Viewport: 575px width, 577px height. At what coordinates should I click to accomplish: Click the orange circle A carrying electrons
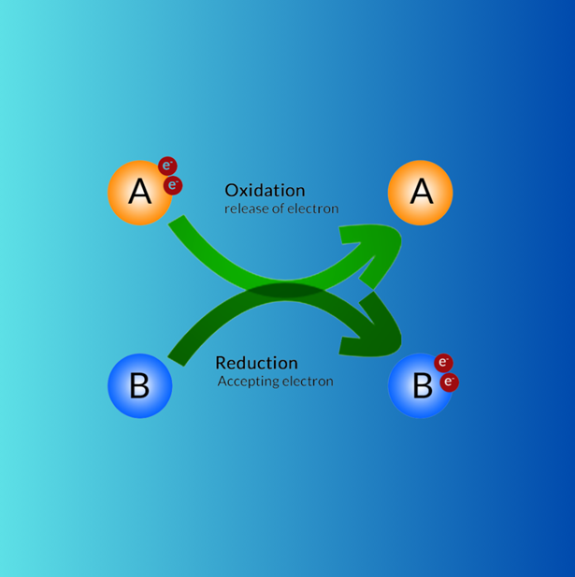click(x=139, y=193)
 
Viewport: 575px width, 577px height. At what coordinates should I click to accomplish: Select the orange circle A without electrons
click(x=421, y=193)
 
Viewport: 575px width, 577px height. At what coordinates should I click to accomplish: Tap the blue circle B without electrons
click(x=139, y=385)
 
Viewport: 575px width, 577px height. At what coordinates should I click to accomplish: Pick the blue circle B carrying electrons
click(x=421, y=385)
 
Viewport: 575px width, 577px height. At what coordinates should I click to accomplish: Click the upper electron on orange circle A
click(x=167, y=166)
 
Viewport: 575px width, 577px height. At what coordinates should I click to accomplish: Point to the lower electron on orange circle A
click(x=173, y=185)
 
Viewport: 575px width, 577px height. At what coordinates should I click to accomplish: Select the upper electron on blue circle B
click(x=443, y=363)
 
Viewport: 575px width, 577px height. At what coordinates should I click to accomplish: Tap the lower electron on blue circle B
click(x=449, y=382)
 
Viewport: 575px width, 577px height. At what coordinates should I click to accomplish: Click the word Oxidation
click(x=265, y=191)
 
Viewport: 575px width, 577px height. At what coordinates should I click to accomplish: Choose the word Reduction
click(x=256, y=363)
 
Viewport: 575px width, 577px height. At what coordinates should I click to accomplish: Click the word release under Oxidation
click(x=246, y=209)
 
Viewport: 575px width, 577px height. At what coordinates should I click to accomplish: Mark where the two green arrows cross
click(x=285, y=291)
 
